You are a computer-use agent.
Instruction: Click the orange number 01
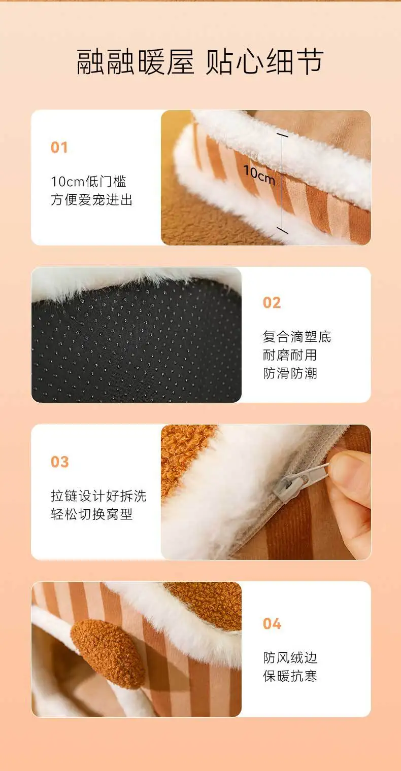(x=59, y=147)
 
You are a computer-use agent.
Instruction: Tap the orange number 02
(x=272, y=302)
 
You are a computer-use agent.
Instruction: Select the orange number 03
(x=59, y=462)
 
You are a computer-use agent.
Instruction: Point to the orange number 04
(x=272, y=623)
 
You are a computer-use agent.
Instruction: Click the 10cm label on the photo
(x=259, y=175)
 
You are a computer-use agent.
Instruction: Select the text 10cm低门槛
(x=88, y=182)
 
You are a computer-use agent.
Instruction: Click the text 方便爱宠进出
(x=92, y=200)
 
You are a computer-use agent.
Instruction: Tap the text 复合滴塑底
(x=297, y=337)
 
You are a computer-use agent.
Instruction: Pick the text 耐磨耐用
(x=290, y=355)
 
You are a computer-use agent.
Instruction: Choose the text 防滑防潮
(x=290, y=373)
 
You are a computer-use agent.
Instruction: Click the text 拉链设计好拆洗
(x=98, y=496)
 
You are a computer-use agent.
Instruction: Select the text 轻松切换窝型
(x=92, y=514)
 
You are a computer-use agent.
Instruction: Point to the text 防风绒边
(x=290, y=658)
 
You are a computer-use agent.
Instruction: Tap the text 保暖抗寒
(x=290, y=676)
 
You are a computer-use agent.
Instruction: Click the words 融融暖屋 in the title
(x=135, y=61)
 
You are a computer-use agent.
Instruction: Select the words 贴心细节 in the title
(x=264, y=61)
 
